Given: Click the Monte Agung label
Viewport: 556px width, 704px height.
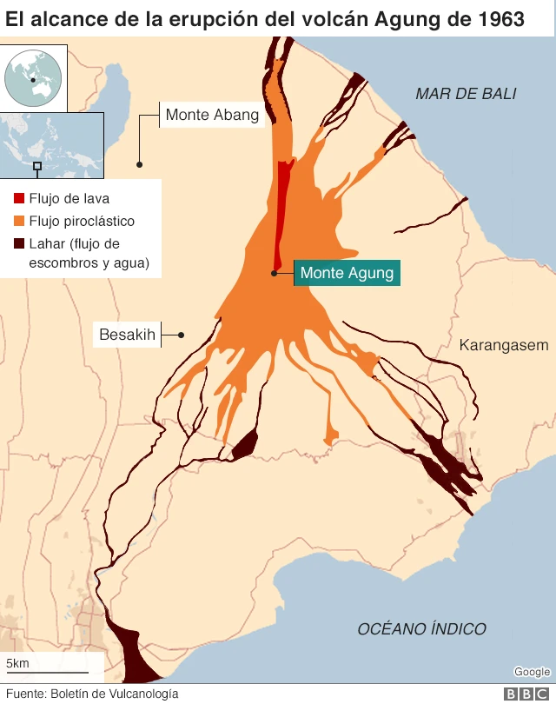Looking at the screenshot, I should (347, 273).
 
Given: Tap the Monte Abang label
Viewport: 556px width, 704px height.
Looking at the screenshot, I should (212, 115).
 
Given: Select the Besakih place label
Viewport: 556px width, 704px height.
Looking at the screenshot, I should (127, 335).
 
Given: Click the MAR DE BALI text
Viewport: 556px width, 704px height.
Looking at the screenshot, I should (466, 94).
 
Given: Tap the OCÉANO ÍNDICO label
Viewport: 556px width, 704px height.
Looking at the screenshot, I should (421, 628).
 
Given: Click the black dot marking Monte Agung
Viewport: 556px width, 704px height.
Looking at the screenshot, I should (274, 273).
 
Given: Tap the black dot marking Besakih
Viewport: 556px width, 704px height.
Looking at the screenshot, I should (182, 335).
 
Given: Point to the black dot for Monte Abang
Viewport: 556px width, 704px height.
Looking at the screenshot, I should (139, 163).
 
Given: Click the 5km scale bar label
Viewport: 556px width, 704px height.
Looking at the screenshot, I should (17, 664).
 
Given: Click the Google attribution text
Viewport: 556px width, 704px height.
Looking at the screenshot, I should (532, 672).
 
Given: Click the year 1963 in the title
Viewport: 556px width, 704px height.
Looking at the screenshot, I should (502, 18).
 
